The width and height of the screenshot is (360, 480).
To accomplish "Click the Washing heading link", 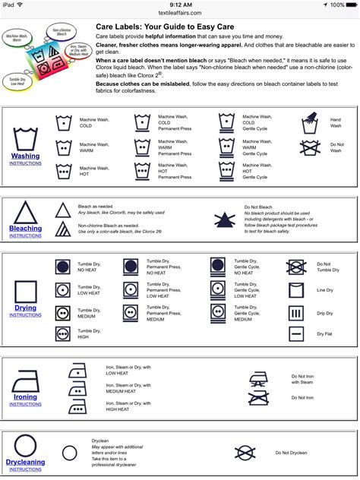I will (x=26, y=156).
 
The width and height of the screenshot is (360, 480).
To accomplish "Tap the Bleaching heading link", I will (x=26, y=228).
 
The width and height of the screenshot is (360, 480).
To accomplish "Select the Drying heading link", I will (x=26, y=308).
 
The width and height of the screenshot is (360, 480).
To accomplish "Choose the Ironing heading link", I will (x=25, y=397).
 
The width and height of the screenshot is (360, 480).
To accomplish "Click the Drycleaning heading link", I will (x=26, y=462).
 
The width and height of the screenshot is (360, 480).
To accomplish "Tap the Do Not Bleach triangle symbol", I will (x=224, y=217).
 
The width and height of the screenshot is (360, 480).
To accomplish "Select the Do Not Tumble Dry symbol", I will (x=295, y=267).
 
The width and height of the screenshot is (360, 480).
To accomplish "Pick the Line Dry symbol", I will (x=295, y=289).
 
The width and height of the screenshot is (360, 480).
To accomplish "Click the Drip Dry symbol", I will (x=295, y=312).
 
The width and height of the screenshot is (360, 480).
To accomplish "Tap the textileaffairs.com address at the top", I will (x=179, y=13).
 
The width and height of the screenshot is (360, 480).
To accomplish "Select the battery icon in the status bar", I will (x=348, y=5).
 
